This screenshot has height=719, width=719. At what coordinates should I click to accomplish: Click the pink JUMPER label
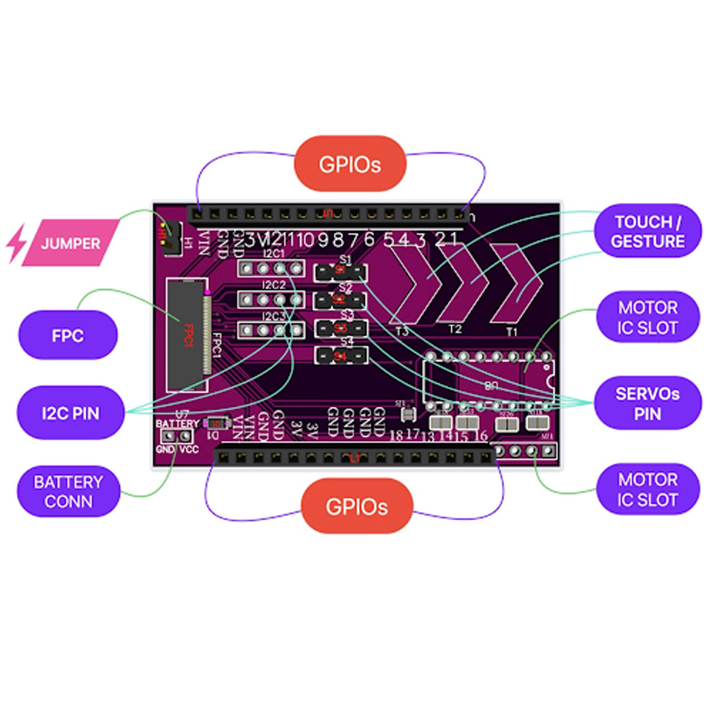click(71, 243)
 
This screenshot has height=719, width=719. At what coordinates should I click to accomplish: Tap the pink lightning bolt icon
click(16, 243)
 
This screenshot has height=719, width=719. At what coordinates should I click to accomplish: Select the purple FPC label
click(67, 336)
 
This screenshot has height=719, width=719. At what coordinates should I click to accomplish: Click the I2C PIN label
click(70, 413)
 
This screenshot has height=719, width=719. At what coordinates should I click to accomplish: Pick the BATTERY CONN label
click(68, 491)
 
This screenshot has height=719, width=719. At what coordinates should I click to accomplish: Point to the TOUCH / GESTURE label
click(647, 231)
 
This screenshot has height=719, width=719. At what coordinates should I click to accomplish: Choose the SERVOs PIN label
click(647, 403)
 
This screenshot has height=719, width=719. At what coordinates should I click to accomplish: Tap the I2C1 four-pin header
click(271, 268)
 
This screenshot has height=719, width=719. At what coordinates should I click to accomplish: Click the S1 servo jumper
click(340, 273)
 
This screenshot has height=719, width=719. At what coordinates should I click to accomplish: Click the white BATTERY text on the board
click(177, 424)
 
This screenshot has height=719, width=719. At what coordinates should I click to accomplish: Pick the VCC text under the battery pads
click(189, 449)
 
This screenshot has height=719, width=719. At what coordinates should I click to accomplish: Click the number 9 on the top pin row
click(323, 240)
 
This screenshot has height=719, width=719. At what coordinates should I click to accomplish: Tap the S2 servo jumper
click(340, 300)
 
